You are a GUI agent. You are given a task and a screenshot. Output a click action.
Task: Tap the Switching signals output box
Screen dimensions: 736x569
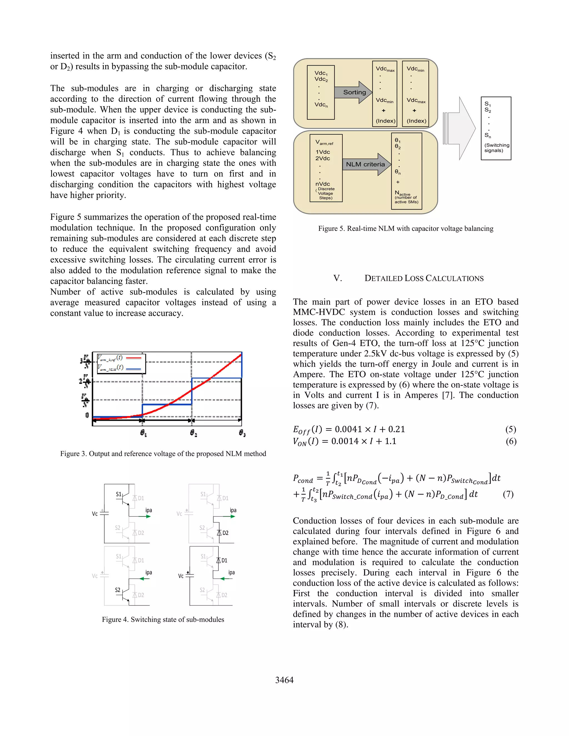click(496, 128)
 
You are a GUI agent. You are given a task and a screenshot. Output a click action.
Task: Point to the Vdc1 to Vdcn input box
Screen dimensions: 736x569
click(321, 92)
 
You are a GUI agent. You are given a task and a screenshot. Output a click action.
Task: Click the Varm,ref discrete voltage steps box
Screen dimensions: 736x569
click(326, 168)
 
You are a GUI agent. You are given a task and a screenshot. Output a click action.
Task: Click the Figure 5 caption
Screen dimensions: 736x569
click(406, 229)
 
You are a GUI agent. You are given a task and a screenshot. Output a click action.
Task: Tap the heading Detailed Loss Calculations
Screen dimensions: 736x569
click(424, 278)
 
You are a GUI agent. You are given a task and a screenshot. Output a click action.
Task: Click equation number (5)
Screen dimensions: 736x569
click(510, 429)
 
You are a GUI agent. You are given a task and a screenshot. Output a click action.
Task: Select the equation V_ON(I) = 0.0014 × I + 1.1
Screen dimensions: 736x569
click(345, 442)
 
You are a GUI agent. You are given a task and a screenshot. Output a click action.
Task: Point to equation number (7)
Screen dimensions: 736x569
click(508, 494)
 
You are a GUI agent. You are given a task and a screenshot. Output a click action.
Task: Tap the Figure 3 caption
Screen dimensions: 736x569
click(163, 454)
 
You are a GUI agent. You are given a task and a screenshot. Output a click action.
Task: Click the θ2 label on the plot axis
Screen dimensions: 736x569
click(193, 433)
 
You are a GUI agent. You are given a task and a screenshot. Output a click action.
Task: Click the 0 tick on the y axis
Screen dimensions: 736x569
click(87, 415)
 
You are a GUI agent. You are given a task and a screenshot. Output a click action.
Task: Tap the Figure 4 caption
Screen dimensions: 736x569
click(163, 619)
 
